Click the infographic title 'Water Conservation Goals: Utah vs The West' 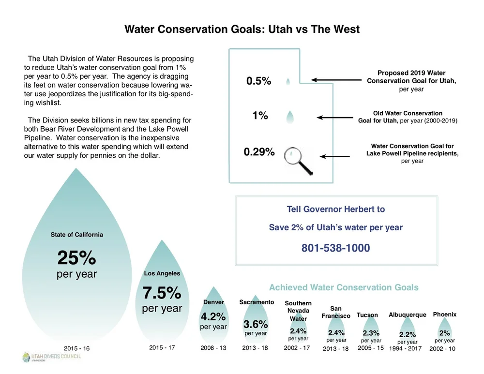click(x=242, y=29)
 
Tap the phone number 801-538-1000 click(x=335, y=248)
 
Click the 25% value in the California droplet click(x=76, y=258)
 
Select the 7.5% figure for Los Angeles click(x=162, y=293)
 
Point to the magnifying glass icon click(x=297, y=158)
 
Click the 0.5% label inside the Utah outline click(x=258, y=81)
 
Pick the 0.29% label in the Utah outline click(x=259, y=152)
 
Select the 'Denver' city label click(x=213, y=302)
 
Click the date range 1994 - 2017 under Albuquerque click(x=405, y=348)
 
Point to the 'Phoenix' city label click(x=444, y=314)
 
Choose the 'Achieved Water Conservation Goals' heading click(x=344, y=287)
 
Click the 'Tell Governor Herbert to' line click(x=336, y=209)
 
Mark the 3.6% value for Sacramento click(x=255, y=324)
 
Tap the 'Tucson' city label click(x=367, y=315)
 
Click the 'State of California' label click(x=76, y=235)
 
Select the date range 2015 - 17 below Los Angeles click(x=162, y=348)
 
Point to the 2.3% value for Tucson click(x=371, y=333)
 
